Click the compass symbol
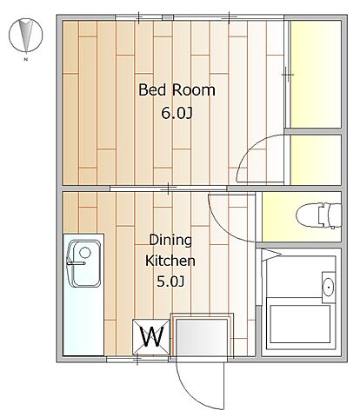tap(26, 36)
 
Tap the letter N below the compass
tap(26, 60)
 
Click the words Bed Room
tap(177, 89)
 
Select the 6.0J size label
tap(177, 113)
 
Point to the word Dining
tap(170, 241)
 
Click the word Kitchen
tap(170, 261)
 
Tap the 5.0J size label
tap(170, 281)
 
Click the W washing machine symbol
tap(151, 337)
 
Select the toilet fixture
tap(318, 215)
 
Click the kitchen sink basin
tap(84, 263)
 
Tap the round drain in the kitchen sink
tap(85, 253)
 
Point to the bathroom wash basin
tap(329, 287)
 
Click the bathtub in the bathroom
tap(300, 324)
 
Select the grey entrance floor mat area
tap(202, 337)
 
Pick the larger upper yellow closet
tap(316, 74)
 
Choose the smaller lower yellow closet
tap(316, 160)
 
